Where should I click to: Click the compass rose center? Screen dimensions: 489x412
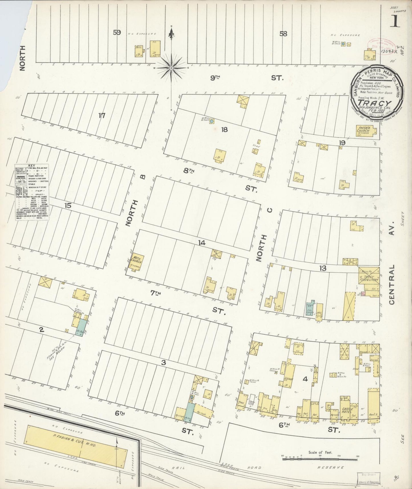click(171, 68)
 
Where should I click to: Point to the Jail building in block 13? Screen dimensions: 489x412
click(319, 312)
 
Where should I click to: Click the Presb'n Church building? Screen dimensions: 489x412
click(364, 131)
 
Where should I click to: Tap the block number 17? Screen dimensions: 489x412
click(102, 116)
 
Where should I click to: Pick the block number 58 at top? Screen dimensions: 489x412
click(283, 34)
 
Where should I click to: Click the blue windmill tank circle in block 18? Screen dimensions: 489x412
click(212, 121)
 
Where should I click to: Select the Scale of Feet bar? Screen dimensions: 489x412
click(319, 458)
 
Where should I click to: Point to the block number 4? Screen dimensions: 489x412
click(305, 379)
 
